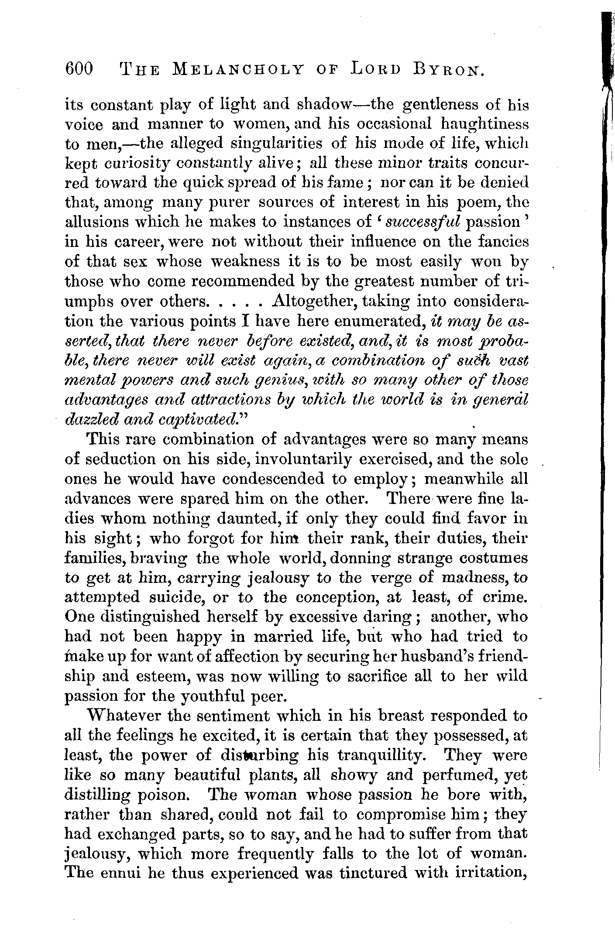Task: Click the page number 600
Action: (x=79, y=69)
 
